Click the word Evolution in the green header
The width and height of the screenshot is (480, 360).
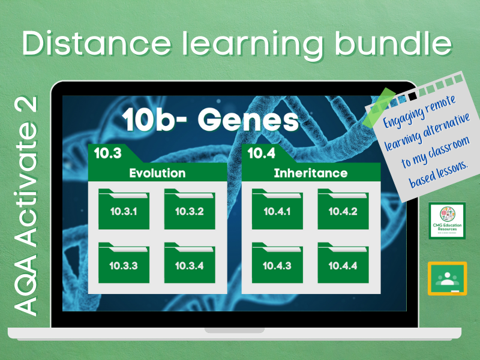157,173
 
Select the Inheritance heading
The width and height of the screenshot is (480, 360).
310,173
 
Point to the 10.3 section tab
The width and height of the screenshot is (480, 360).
108,154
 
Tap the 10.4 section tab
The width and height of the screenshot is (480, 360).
262,154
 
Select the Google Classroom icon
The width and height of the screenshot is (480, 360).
447,278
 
